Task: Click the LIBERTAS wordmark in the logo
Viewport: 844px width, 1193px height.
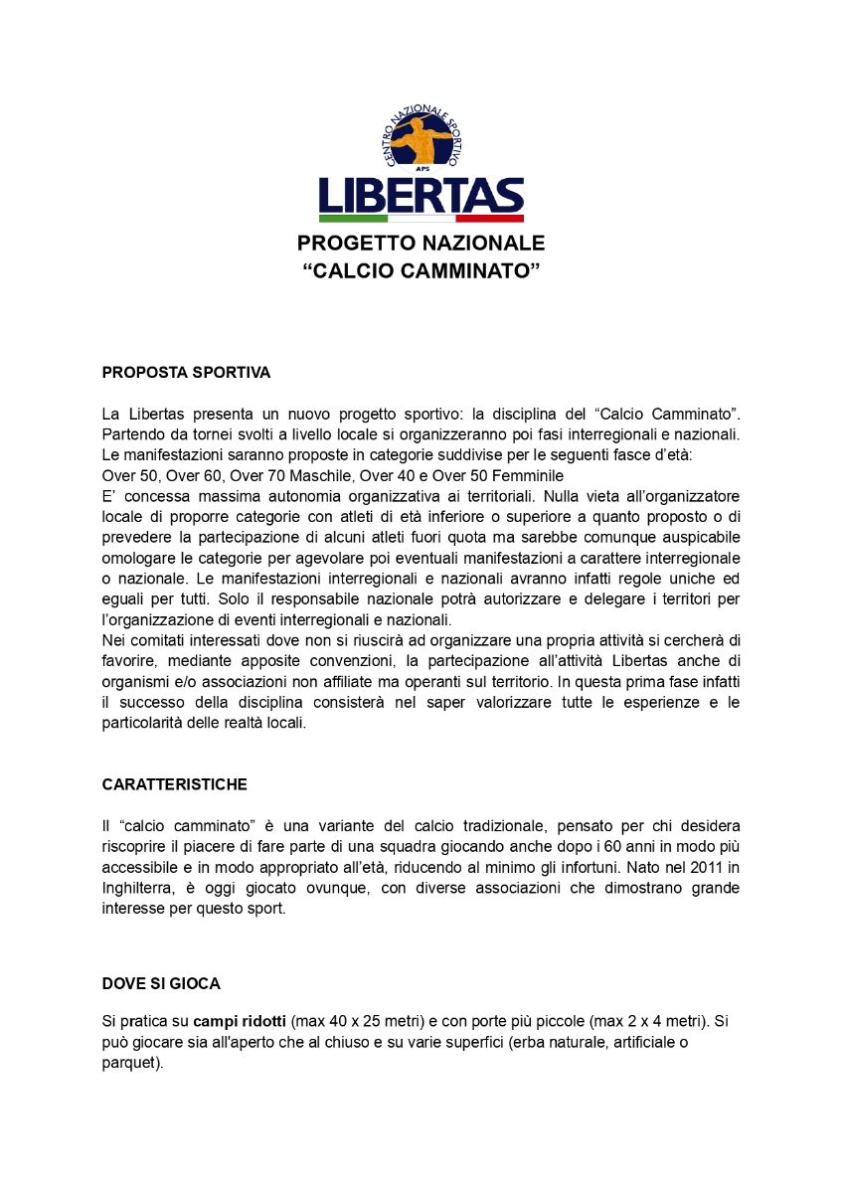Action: point(421,195)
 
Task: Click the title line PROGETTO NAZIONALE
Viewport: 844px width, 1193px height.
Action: point(422,244)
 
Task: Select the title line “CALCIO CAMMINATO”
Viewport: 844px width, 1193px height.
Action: point(422,270)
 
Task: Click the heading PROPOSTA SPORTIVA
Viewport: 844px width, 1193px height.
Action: point(186,373)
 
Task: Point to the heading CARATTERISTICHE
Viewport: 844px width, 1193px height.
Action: point(175,784)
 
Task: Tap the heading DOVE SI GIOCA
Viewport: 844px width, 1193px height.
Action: point(161,983)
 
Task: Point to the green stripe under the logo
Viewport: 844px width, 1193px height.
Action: point(353,218)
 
